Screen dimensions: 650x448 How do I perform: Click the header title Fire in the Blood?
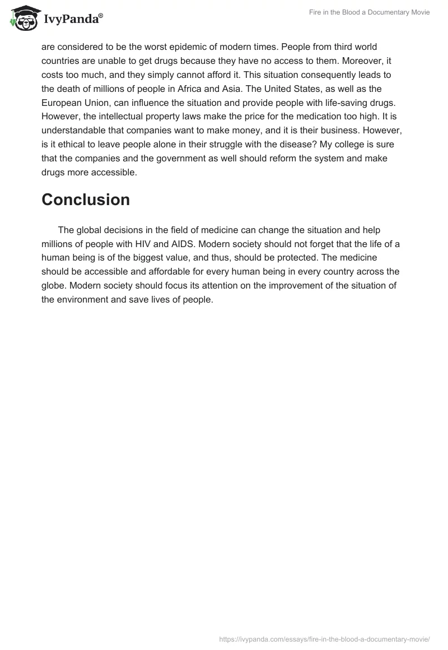click(x=369, y=12)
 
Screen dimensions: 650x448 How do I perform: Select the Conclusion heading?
click(x=86, y=199)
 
